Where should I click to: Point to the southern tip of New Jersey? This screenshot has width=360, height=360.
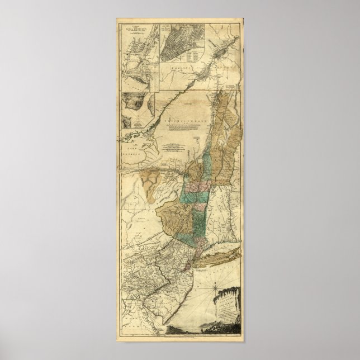click(171, 330)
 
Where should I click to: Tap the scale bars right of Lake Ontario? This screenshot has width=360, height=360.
click(173, 148)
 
